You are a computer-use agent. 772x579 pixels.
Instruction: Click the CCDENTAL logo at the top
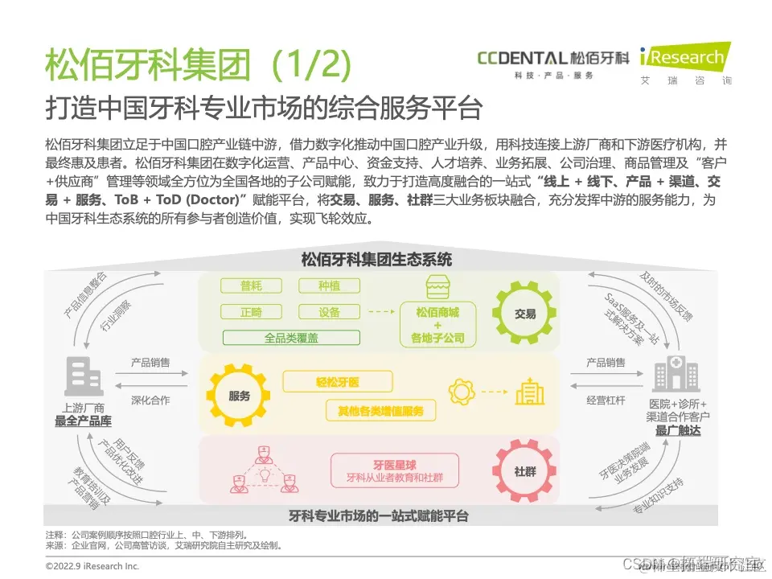point(553,58)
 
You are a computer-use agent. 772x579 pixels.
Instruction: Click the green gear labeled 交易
point(524,314)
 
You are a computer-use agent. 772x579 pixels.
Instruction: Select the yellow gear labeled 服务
point(239,396)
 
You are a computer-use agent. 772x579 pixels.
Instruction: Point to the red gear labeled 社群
point(524,471)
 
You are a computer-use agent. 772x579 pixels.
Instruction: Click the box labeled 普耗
point(250,286)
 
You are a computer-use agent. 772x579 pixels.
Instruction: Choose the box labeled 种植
point(328,286)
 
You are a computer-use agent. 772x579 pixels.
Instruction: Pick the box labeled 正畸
point(250,312)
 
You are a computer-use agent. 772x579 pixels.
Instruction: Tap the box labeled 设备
point(328,312)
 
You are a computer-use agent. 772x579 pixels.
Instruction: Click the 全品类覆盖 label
point(290,338)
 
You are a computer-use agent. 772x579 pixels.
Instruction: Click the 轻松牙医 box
point(337,382)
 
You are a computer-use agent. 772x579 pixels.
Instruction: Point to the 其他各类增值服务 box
point(380,411)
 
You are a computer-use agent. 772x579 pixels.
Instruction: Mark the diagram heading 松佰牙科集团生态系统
point(376,260)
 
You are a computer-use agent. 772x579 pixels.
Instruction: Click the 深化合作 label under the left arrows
point(150,400)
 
